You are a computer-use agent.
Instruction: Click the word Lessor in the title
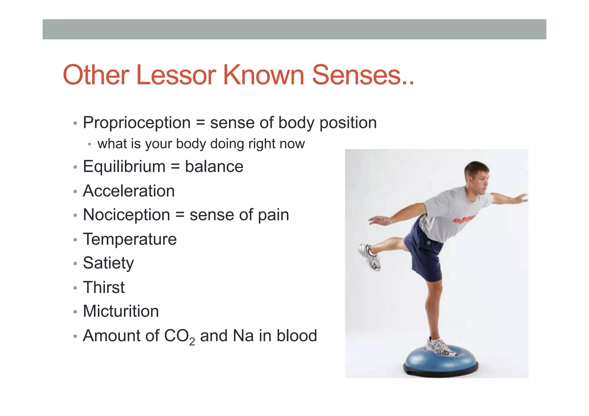(176, 75)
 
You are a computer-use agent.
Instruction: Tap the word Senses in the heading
(357, 75)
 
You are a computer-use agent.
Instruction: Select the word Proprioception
(137, 123)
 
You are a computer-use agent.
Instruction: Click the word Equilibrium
(124, 167)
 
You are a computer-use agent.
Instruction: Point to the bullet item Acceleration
(129, 191)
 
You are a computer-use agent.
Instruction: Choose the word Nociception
(127, 215)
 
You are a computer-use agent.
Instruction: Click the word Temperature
(130, 239)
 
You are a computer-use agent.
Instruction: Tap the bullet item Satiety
(108, 263)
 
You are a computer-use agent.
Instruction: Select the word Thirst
(104, 287)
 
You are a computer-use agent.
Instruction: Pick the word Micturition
(121, 311)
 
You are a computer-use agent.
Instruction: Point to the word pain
(273, 215)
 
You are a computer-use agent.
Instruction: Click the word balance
(214, 167)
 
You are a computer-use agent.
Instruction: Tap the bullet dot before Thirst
(75, 288)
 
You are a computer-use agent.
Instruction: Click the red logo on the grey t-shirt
(463, 219)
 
